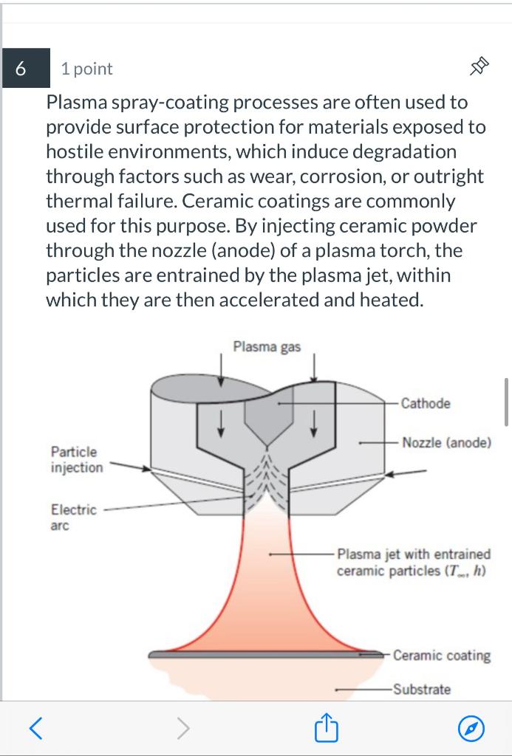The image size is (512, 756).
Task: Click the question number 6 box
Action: [x=21, y=68]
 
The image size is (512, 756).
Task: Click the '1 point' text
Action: [x=86, y=69]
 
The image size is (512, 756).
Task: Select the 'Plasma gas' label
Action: [x=267, y=346]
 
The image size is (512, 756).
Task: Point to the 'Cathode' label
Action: [x=426, y=403]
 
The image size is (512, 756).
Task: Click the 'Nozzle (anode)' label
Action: [x=446, y=442]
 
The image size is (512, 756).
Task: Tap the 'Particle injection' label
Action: [x=76, y=459]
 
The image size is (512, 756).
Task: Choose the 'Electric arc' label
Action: [x=73, y=517]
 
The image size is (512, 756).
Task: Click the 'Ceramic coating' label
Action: [x=441, y=655]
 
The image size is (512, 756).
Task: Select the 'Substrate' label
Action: [x=421, y=690]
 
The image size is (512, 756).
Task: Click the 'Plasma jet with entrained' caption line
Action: [x=414, y=554]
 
